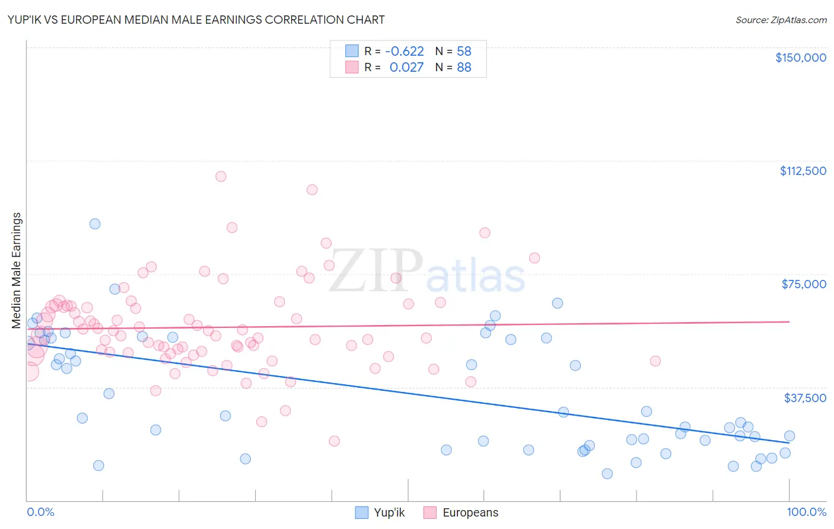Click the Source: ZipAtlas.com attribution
(x=781, y=20)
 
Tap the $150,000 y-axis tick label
(x=800, y=58)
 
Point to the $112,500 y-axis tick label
(x=803, y=171)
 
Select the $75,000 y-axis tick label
(x=803, y=284)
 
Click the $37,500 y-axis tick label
(x=804, y=398)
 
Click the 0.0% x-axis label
(x=40, y=512)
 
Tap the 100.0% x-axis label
(x=806, y=512)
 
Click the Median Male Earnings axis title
(x=17, y=270)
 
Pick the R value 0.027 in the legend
(x=406, y=68)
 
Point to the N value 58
(x=464, y=51)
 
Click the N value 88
(x=464, y=68)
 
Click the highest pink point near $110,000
(x=221, y=176)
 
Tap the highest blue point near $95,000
(x=95, y=224)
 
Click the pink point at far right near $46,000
(x=655, y=361)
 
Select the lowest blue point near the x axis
(x=607, y=473)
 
